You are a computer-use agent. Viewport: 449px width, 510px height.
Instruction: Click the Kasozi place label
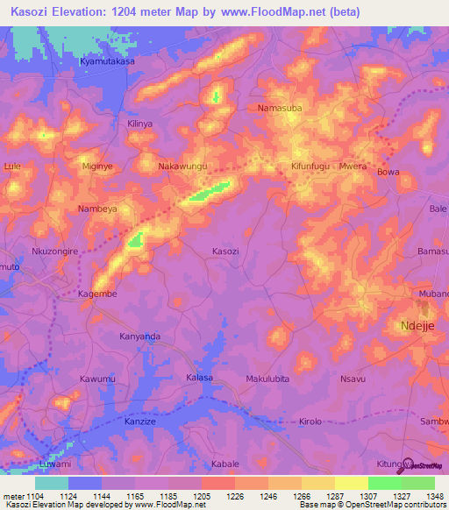(x=225, y=251)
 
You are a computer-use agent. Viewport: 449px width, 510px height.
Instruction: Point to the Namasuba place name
(x=280, y=109)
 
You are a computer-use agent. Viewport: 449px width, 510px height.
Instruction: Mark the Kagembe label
(x=97, y=294)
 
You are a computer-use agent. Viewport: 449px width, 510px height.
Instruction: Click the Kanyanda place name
(x=140, y=336)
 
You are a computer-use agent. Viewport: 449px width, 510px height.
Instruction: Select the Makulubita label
(x=267, y=379)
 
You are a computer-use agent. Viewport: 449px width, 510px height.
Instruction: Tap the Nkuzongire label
(x=55, y=251)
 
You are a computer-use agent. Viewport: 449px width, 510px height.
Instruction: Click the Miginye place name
(x=97, y=166)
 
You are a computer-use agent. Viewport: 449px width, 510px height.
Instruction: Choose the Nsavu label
(x=352, y=379)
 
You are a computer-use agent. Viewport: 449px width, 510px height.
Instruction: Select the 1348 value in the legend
(x=436, y=495)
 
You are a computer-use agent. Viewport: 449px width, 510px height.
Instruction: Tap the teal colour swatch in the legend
(x=51, y=483)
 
